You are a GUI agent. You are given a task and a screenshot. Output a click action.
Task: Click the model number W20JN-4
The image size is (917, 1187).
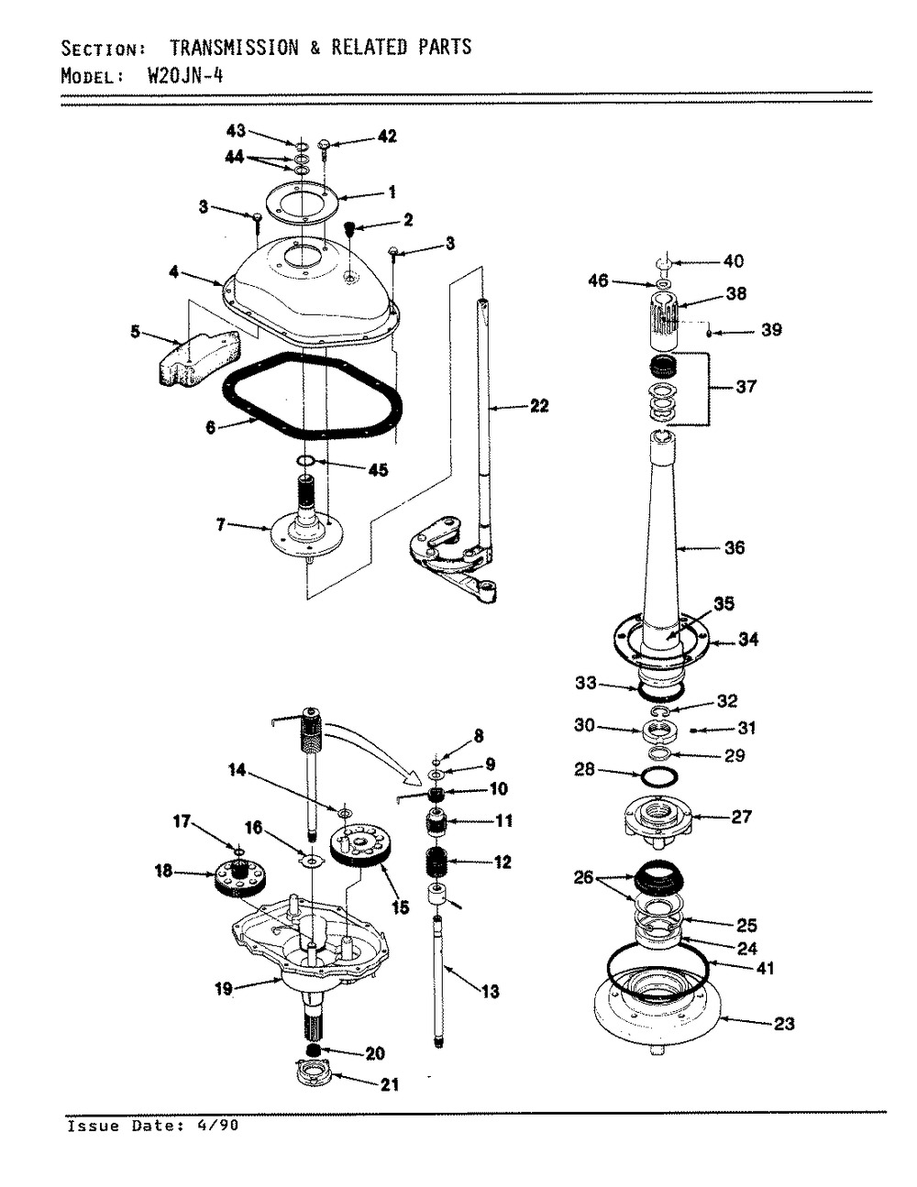pyautogui.click(x=186, y=75)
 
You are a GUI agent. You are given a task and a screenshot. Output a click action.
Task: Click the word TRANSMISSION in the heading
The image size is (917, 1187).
pyautogui.click(x=235, y=48)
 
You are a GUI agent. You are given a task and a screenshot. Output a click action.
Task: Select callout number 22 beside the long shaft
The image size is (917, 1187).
pyautogui.click(x=539, y=405)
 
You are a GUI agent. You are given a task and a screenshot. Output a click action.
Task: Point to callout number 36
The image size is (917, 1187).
pyautogui.click(x=735, y=547)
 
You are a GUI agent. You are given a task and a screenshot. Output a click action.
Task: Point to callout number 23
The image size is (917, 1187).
pyautogui.click(x=784, y=1023)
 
